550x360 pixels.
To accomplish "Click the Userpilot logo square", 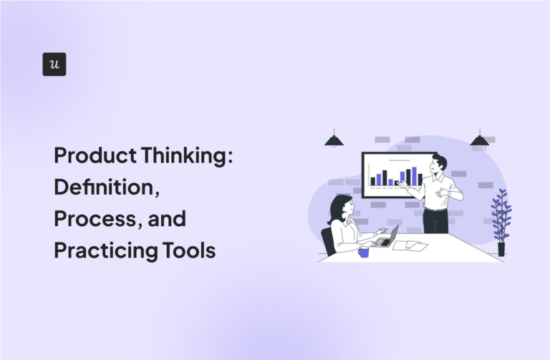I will coord(54,64).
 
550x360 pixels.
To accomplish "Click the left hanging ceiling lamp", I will coord(334,140).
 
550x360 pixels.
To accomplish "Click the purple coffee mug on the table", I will coord(364,251).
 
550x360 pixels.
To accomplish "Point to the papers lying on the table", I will coord(411,245).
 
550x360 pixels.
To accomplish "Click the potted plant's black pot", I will coord(501,249).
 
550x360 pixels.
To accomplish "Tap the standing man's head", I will coord(439,165).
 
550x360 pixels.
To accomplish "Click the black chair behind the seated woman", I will coord(328,242).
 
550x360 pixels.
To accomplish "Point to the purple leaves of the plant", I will coord(501,215).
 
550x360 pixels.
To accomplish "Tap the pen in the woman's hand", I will coord(385,229).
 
